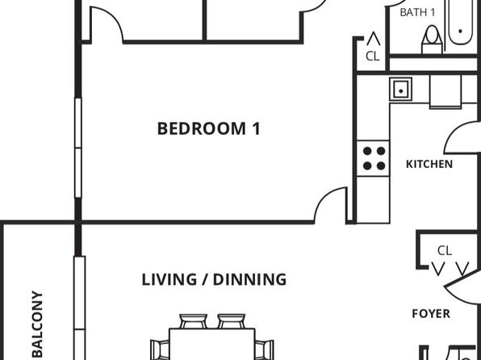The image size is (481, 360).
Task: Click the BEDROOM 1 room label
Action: tap(208, 128)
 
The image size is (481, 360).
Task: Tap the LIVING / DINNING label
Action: tap(214, 279)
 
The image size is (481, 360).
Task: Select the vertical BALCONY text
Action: tap(37, 324)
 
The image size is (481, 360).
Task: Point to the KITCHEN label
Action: tap(429, 164)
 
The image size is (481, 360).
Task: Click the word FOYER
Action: tap(431, 314)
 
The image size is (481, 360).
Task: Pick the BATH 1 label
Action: tap(417, 12)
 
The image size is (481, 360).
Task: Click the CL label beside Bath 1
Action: tap(372, 57)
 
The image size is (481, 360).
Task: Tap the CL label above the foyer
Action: tap(445, 251)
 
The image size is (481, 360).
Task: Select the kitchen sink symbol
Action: tap(400, 90)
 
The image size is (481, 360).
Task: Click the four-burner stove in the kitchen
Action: tap(374, 158)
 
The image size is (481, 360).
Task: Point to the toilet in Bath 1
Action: tap(432, 40)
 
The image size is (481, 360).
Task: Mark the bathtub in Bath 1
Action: tap(460, 22)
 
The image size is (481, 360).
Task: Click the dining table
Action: tap(212, 344)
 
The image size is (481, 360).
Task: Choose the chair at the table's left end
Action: tap(160, 350)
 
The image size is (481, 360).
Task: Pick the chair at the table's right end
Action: tap(264, 350)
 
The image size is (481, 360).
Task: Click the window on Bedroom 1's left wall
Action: tap(78, 148)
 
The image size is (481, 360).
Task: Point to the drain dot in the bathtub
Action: tap(461, 31)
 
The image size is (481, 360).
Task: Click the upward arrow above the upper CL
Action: tap(374, 39)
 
